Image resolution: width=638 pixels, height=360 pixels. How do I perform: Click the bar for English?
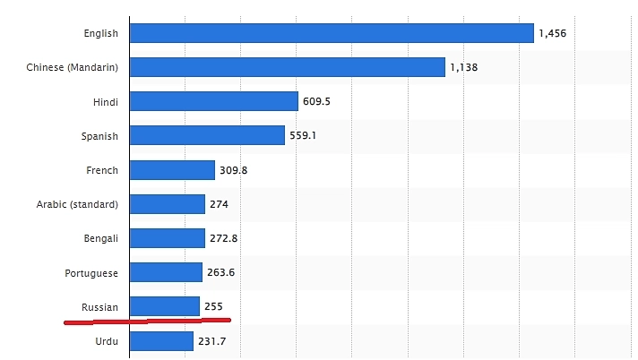(x=332, y=33)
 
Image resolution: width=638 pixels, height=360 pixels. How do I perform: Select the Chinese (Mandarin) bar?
(x=287, y=67)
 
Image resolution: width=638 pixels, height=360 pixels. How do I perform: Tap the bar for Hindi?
(x=213, y=101)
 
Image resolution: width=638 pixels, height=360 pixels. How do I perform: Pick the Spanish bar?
(x=207, y=135)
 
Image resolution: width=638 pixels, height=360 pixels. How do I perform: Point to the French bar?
(x=172, y=170)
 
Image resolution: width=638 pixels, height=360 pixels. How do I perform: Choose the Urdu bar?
(x=161, y=341)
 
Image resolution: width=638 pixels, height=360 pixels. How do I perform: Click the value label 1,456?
(x=552, y=33)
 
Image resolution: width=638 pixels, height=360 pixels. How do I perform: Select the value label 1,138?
(x=464, y=67)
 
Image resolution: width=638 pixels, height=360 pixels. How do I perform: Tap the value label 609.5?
(x=316, y=101)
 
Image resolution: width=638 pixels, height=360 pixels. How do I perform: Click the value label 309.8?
(x=233, y=170)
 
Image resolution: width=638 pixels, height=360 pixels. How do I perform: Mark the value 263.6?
(x=220, y=272)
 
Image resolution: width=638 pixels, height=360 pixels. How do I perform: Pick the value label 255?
(x=213, y=306)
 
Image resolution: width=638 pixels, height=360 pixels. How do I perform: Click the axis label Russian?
(x=99, y=307)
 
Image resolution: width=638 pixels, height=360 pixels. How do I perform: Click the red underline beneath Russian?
(x=148, y=320)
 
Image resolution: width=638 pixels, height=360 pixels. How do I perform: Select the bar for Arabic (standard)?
(x=167, y=204)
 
